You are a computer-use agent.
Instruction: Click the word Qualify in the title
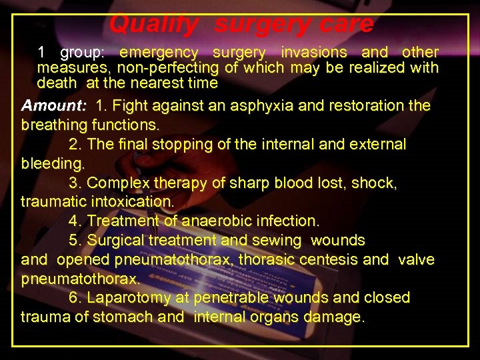pos(153,25)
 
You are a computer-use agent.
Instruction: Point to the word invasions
pos(314,52)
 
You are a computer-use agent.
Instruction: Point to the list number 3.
pos(74,183)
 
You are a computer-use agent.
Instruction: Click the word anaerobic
pos(205,221)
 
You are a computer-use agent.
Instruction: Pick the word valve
pos(416,259)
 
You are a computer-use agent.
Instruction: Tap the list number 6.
pos(74,297)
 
